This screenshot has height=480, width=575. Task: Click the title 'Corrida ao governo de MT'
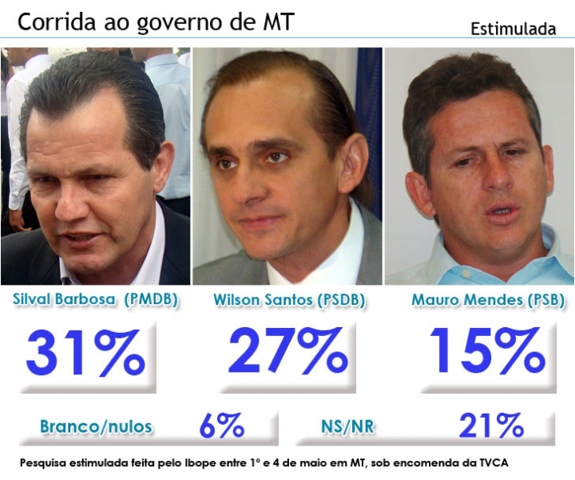pyautogui.click(x=155, y=22)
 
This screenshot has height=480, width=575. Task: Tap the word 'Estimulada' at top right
pyautogui.click(x=513, y=30)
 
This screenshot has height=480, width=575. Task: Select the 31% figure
pyautogui.click(x=85, y=353)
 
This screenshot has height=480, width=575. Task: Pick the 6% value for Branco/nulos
pyautogui.click(x=221, y=426)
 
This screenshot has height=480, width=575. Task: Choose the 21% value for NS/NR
pyautogui.click(x=490, y=426)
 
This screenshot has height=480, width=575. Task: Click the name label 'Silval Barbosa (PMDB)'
pyautogui.click(x=95, y=300)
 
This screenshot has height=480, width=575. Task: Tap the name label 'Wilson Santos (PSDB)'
pyautogui.click(x=289, y=300)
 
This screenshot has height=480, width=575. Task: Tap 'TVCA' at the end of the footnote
pyautogui.click(x=491, y=463)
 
